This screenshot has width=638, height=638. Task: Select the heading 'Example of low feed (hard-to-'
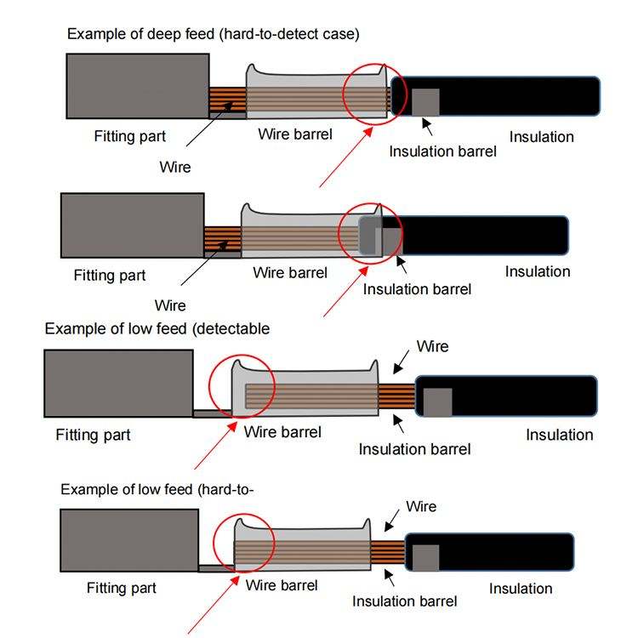coord(158,490)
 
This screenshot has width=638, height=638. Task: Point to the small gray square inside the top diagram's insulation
coord(425,102)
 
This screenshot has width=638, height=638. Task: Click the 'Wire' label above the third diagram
coord(432,347)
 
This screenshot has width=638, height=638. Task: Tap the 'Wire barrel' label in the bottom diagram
coord(282,585)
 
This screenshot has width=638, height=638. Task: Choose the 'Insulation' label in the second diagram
coord(538,271)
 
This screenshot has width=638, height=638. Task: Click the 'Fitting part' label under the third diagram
coord(93,435)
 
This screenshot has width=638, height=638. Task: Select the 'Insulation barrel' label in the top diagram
coord(442,151)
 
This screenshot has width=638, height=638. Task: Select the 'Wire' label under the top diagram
coord(175,167)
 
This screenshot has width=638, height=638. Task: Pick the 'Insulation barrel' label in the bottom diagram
coord(404,601)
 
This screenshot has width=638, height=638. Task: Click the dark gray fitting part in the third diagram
coord(118,384)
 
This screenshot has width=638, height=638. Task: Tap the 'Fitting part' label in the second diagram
coord(110,276)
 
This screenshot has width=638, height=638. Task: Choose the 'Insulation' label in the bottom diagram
coord(521,589)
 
